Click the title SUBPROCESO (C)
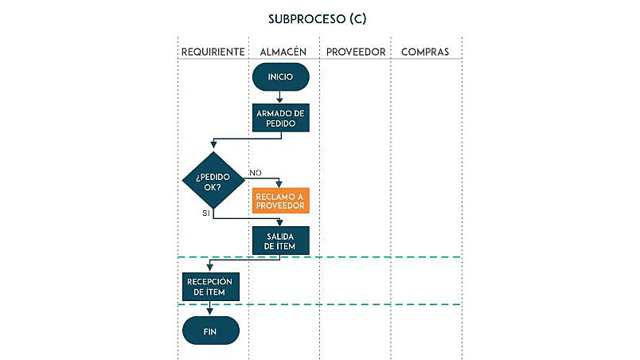click(318, 18)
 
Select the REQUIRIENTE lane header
click(213, 52)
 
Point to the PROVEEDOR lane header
click(355, 52)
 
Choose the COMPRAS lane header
click(424, 52)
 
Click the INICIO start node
click(280, 77)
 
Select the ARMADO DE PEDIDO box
click(280, 118)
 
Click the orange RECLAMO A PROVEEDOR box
click(280, 201)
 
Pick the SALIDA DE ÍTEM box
click(280, 241)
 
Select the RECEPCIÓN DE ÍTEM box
click(211, 287)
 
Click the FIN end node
click(211, 330)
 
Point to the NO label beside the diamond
click(256, 173)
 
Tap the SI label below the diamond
click(206, 213)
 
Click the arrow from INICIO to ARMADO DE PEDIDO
click(280, 96)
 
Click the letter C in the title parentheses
click(360, 18)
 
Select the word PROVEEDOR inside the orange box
click(280, 206)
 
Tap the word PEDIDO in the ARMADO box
click(280, 123)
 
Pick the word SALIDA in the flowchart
click(280, 236)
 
